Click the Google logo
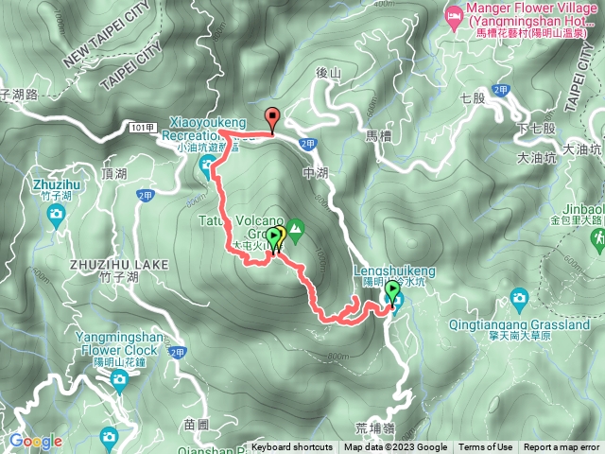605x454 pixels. pyautogui.click(x=36, y=442)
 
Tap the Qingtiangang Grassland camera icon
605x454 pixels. pyautogui.click(x=519, y=301)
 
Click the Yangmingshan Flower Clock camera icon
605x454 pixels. pyautogui.click(x=118, y=381)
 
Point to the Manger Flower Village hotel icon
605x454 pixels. pyautogui.click(x=454, y=15)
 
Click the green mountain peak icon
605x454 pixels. pyautogui.click(x=296, y=228)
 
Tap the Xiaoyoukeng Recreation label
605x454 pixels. pyautogui.click(x=208, y=129)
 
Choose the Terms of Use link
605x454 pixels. pyautogui.click(x=486, y=447)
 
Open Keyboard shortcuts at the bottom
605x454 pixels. pyautogui.click(x=292, y=447)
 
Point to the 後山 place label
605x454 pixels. pyautogui.click(x=327, y=73)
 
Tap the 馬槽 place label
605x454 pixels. pyautogui.click(x=378, y=136)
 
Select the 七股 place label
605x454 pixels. pyautogui.click(x=471, y=97)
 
